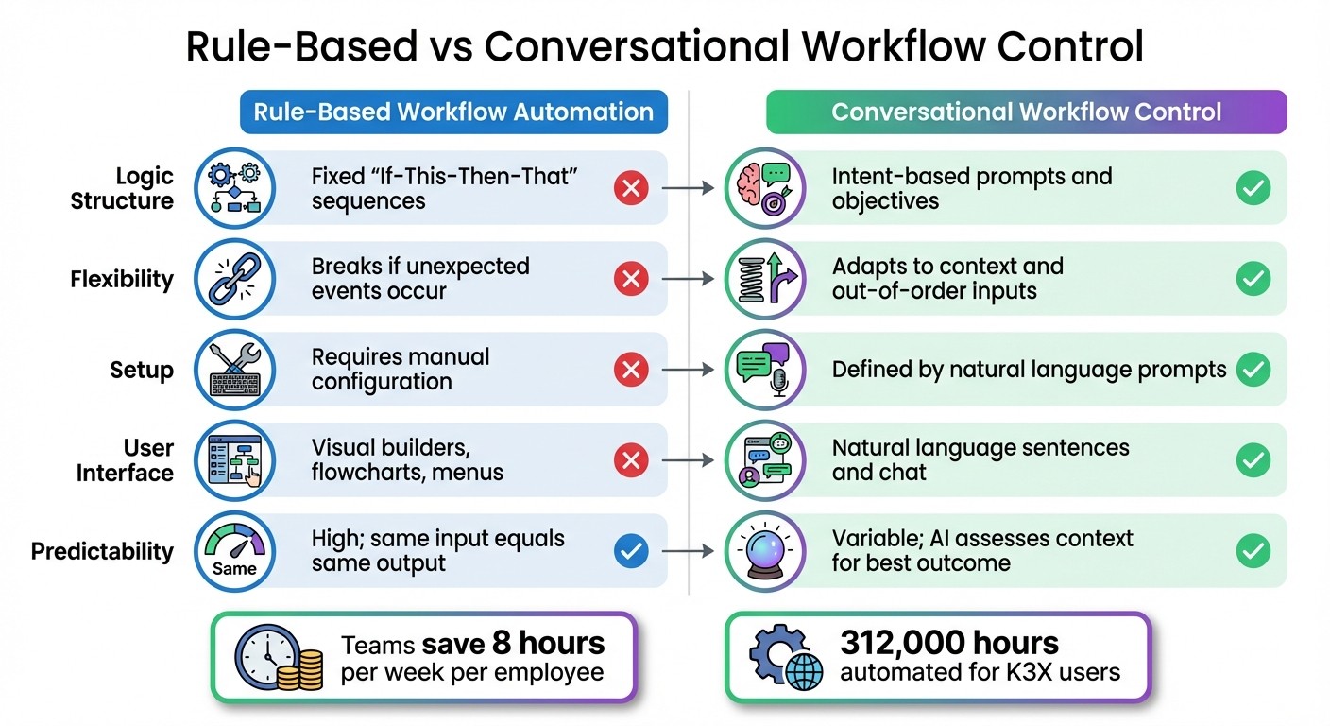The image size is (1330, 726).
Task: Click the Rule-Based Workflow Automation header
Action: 453,112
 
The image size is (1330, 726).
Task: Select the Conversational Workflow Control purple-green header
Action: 1026,112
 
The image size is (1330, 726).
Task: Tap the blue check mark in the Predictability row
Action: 630,551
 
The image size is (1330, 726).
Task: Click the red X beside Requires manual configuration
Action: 630,370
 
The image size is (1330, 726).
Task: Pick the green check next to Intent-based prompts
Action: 1253,188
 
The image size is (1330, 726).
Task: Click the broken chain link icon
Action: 234,279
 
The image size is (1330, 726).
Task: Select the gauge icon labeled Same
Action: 234,551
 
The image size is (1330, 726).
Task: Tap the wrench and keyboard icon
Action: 234,370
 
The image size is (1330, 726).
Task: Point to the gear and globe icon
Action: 783,658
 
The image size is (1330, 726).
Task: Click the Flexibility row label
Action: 122,280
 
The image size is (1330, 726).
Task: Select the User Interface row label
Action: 125,460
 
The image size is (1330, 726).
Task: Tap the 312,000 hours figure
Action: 949,644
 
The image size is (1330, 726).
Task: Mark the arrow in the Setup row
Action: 688,370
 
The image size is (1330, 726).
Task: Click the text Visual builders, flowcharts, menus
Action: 406,460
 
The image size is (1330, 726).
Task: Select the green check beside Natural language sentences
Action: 1253,460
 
